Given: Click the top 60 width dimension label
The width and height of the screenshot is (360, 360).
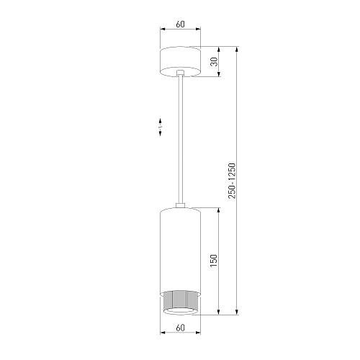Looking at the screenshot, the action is (181, 24).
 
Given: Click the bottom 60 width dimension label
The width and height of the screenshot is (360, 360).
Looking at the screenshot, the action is (181, 328).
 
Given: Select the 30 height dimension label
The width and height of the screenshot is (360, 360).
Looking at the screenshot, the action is (214, 62).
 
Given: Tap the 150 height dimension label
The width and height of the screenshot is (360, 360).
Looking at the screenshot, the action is (213, 261).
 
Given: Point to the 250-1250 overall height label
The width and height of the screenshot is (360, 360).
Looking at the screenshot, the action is (232, 181).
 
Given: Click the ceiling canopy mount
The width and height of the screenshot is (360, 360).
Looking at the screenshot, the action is (180, 62).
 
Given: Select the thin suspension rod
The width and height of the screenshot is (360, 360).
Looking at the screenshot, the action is (180, 139).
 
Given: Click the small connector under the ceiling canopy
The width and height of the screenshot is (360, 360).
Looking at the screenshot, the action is (180, 73).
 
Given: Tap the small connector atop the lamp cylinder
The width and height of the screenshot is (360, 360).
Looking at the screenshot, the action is (180, 205).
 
